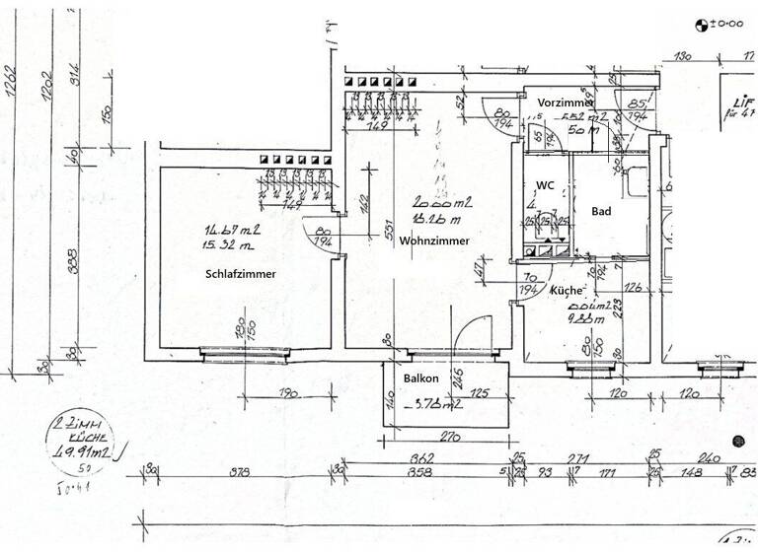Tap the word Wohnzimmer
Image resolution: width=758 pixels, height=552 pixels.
434,241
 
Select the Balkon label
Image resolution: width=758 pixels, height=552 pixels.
420,379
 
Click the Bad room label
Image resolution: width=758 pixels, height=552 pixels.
600,211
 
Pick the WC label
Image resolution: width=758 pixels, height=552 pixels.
545,185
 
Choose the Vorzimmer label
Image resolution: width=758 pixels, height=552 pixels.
566,103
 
